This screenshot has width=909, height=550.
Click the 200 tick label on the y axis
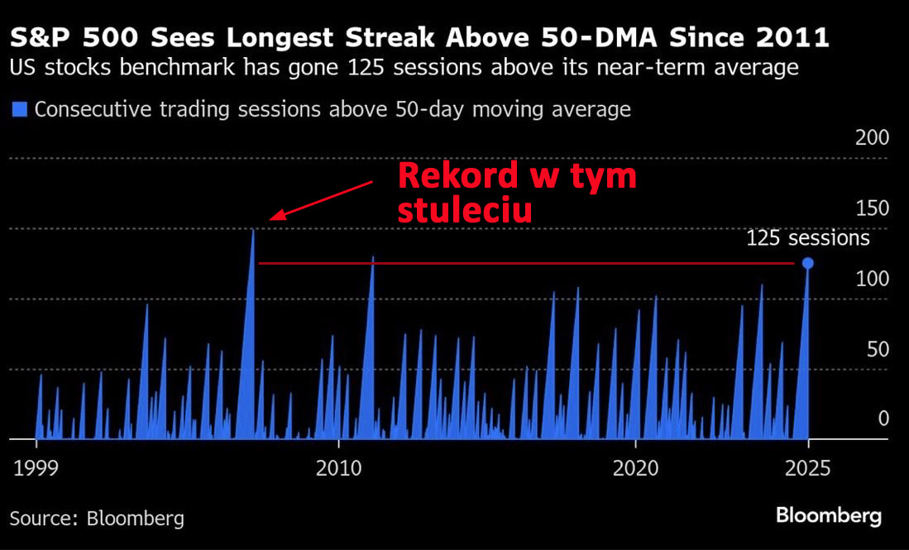872,138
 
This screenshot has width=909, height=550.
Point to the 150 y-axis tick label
872,208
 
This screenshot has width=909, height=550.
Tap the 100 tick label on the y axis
872,279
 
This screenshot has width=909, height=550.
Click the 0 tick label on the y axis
883,418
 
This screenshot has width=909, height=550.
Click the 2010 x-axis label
338,468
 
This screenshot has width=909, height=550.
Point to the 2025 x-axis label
808,468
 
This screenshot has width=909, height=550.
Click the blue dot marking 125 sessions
808,263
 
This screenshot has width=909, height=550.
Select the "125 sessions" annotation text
808,238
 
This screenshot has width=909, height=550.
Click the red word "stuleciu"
464,210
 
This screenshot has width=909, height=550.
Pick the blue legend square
21,109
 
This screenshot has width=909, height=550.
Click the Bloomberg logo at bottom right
828,516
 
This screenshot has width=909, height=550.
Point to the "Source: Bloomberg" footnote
97,519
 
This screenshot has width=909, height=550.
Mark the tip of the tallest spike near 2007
253,230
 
